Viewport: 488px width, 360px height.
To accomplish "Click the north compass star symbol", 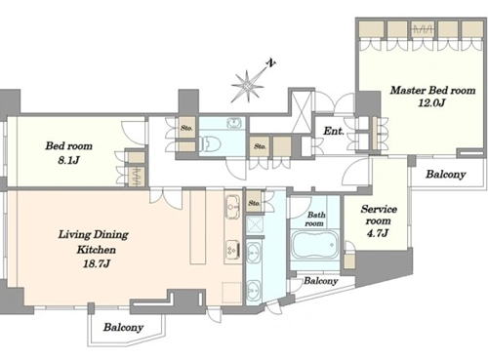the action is tap(247, 86).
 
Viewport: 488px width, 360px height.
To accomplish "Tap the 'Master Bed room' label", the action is tap(432, 90).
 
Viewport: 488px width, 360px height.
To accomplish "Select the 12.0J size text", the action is tap(431, 103).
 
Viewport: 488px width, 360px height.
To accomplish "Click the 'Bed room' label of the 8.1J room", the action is tap(68, 145).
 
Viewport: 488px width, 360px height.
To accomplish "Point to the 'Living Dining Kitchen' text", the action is tap(94, 242).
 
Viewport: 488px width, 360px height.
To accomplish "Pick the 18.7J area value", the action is tap(97, 263).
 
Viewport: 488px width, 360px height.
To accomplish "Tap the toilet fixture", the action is tap(210, 144).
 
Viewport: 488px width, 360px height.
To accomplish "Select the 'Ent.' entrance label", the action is tap(334, 131).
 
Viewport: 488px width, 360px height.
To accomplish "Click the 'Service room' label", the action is tap(379, 215).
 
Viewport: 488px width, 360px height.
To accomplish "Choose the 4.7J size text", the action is tap(378, 233).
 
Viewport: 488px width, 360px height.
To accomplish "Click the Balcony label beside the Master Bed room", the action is tap(446, 175).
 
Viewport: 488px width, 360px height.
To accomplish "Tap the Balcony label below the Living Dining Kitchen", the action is tap(123, 327).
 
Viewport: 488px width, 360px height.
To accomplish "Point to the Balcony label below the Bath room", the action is tap(320, 281).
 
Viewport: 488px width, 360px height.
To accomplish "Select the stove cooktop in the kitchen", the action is tap(233, 249).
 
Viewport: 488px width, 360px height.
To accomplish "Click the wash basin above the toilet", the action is tap(233, 123).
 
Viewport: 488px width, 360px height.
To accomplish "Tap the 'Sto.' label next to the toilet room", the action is tap(186, 128).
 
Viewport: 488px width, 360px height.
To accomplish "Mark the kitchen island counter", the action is tap(198, 227).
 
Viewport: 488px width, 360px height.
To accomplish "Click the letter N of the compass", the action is tap(270, 63).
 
